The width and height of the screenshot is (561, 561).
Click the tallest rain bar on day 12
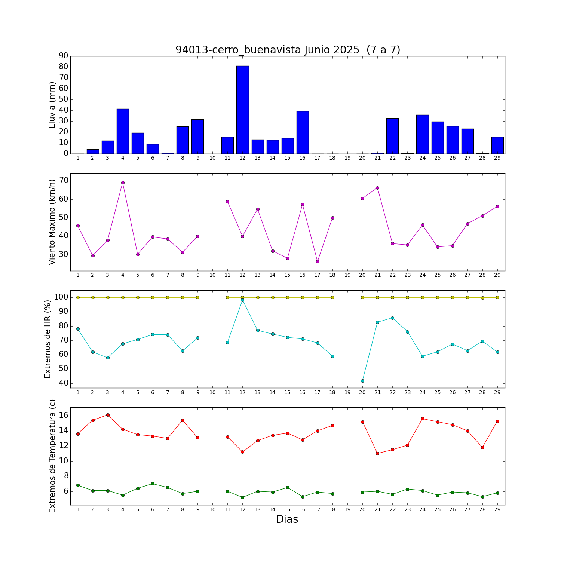[242, 110]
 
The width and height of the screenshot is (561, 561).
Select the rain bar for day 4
[123, 131]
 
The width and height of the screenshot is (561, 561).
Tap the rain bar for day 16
[303, 132]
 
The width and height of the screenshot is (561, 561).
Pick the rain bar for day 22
[392, 136]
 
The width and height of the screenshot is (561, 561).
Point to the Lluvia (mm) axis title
[52, 105]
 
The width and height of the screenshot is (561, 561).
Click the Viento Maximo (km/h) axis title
[52, 222]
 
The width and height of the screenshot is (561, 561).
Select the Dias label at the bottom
[287, 519]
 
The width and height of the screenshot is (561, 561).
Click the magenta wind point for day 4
[123, 183]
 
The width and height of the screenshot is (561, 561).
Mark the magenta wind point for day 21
[377, 188]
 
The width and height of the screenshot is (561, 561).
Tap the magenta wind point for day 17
[318, 261]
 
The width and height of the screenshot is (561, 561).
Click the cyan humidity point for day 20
[362, 381]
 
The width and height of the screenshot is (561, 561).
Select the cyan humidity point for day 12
[242, 300]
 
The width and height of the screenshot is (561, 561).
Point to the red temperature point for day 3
[108, 415]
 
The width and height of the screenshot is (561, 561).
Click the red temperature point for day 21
[377, 453]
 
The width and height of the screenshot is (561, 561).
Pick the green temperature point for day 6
[153, 484]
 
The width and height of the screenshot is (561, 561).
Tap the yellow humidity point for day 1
[78, 297]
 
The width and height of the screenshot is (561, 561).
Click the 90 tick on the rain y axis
[64, 56]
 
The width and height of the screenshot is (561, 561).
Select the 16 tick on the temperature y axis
[64, 416]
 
